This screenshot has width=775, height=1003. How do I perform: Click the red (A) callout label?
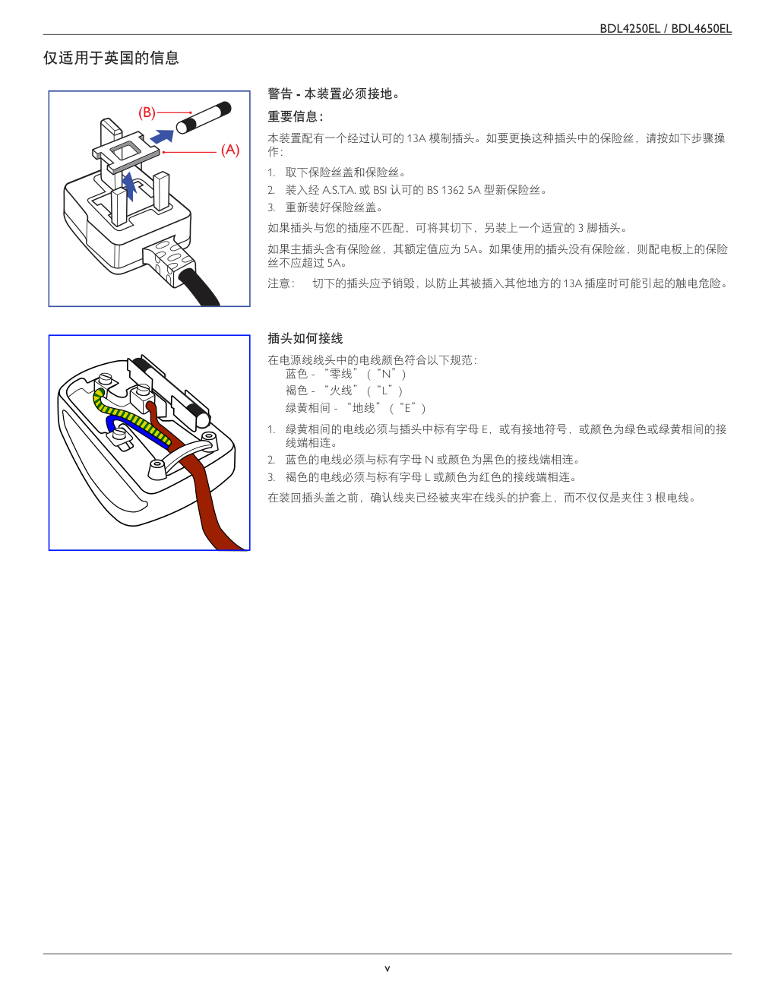click(230, 150)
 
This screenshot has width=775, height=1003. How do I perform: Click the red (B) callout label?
click(147, 112)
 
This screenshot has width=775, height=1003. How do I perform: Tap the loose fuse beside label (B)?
click(204, 118)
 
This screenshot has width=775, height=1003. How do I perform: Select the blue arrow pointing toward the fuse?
click(162, 137)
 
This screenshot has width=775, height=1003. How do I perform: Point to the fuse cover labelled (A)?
click(125, 152)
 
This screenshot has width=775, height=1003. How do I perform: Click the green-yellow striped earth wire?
click(129, 413)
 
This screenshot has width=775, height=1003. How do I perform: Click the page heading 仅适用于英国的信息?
click(111, 58)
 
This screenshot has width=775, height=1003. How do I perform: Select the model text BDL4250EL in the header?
click(630, 29)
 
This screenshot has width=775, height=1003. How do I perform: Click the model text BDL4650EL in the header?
click(701, 29)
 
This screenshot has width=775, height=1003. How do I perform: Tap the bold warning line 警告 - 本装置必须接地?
click(334, 93)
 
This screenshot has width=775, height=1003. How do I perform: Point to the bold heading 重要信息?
click(296, 116)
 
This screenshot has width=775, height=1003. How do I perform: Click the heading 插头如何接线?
click(305, 338)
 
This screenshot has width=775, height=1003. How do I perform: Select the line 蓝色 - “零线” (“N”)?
click(345, 374)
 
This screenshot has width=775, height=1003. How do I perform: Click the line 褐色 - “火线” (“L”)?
click(344, 391)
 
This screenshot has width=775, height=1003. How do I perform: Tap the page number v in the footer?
click(387, 968)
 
